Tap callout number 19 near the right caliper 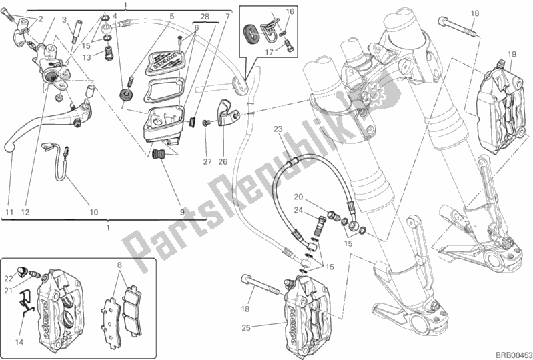click(x=512, y=54)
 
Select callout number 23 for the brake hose click(x=278, y=129)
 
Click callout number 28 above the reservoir click(x=205, y=15)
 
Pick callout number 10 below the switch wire click(x=94, y=212)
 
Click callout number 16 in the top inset click(x=290, y=12)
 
